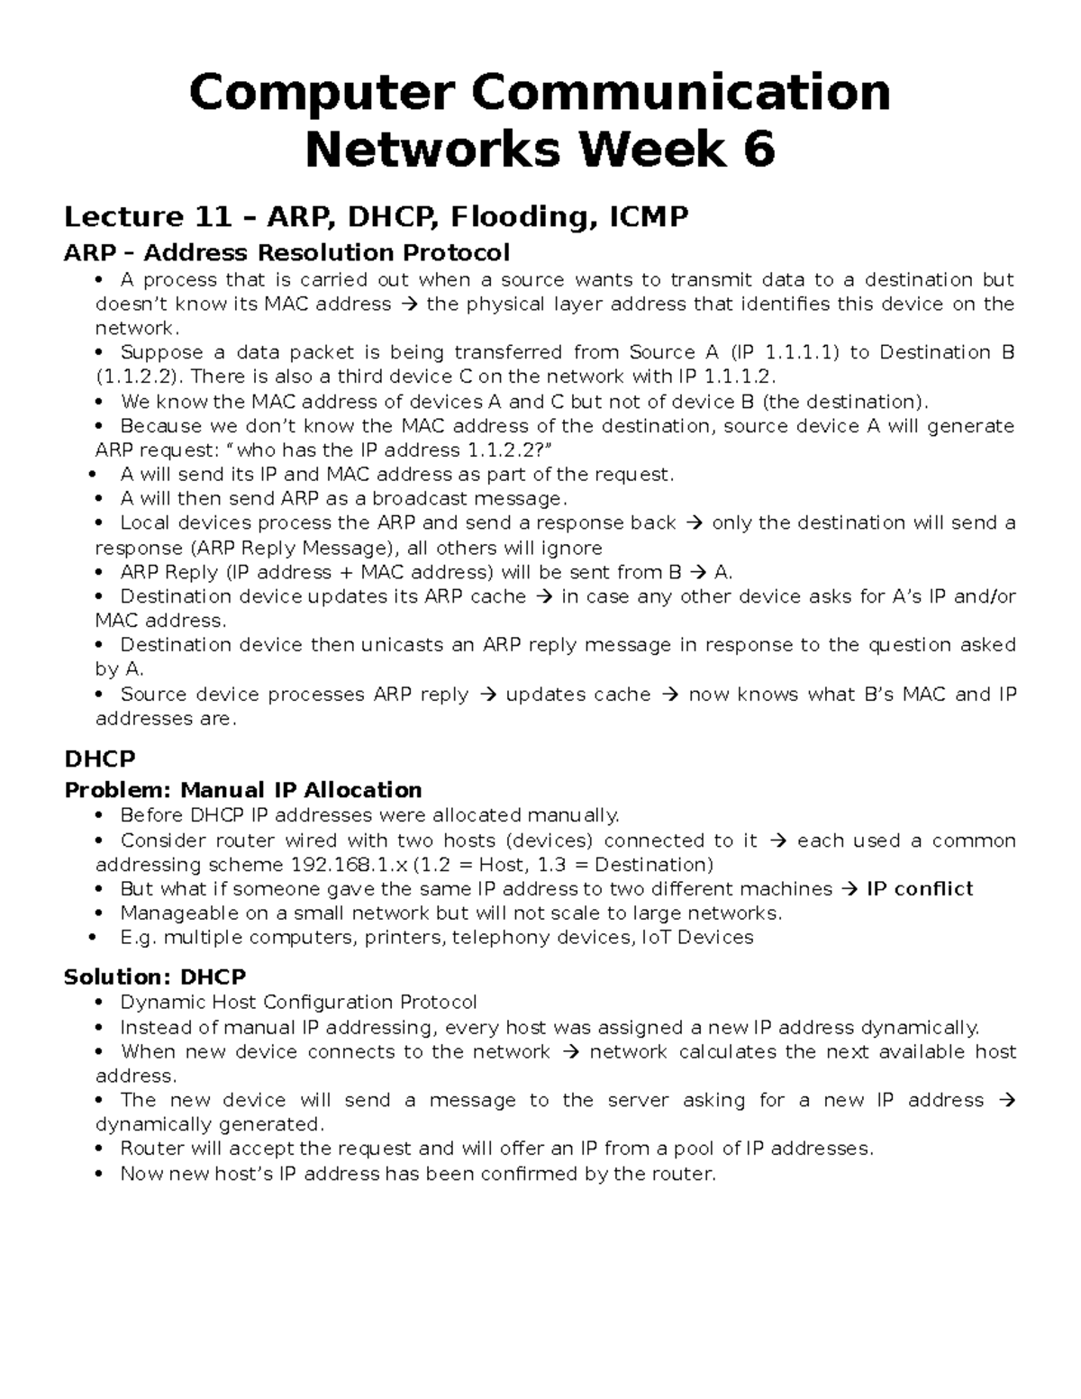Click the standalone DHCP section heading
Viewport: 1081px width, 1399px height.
tap(99, 759)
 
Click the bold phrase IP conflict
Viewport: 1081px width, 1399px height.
tap(919, 889)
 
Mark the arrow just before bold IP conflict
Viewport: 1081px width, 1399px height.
tap(849, 889)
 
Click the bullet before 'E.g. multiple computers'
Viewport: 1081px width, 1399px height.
tap(94, 938)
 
